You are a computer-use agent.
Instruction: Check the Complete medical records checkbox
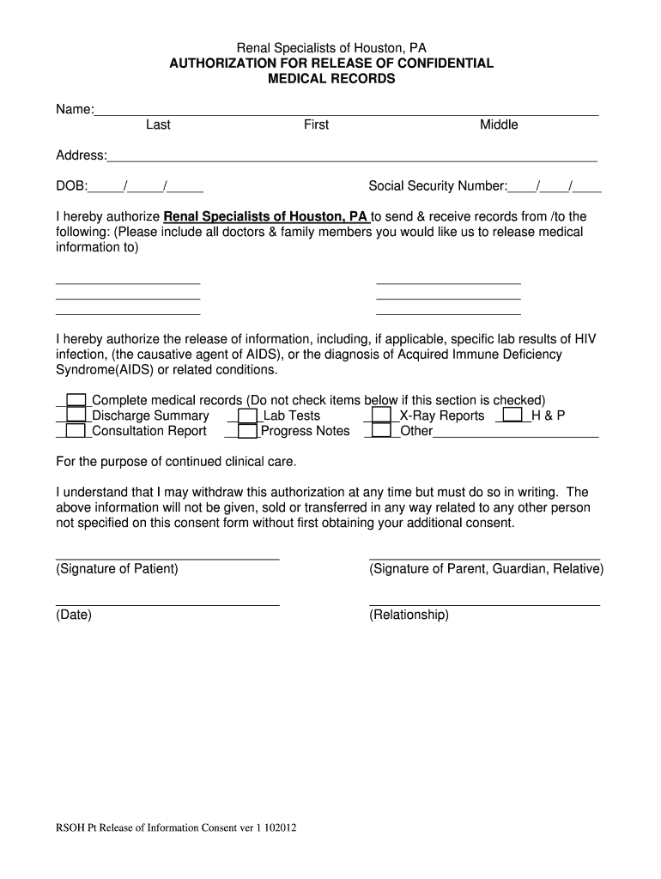point(76,400)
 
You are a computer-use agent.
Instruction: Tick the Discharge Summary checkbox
point(76,415)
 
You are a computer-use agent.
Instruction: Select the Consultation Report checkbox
point(76,431)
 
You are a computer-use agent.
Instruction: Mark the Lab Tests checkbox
point(247,415)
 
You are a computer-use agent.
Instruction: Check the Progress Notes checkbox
point(247,431)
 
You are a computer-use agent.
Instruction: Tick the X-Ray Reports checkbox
point(383,415)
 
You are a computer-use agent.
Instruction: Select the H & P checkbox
point(512,415)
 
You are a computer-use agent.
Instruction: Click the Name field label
point(74,109)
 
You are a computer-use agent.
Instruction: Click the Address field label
point(81,155)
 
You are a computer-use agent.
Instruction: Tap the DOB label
point(71,185)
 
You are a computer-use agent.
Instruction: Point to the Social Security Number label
point(438,185)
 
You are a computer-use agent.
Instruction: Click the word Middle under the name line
point(499,125)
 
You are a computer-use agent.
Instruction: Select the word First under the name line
point(316,125)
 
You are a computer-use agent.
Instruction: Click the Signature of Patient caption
point(117,569)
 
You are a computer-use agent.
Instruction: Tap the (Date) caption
point(74,615)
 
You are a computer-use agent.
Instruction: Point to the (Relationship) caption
point(409,615)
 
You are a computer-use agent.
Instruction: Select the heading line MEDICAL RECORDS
point(331,79)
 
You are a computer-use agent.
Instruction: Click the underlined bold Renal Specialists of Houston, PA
point(265,216)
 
